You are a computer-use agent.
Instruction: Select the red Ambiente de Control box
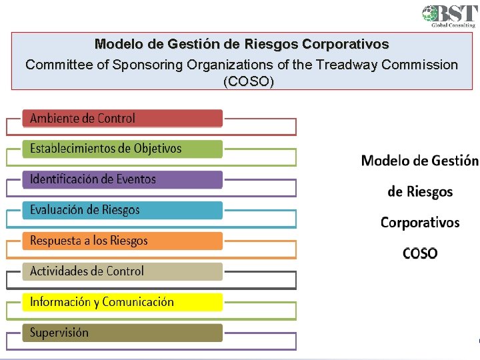122,119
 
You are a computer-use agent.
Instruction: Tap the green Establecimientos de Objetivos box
122,149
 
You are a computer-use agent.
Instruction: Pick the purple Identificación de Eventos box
122,179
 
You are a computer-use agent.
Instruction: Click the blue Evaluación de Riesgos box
122,210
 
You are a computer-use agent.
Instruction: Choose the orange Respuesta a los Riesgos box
122,241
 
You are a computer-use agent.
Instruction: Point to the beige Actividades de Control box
122,271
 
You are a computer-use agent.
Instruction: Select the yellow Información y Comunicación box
122,302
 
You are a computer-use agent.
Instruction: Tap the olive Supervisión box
122,333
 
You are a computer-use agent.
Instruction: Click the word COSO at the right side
420,253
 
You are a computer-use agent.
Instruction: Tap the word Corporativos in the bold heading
345,45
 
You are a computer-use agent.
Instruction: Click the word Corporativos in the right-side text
420,222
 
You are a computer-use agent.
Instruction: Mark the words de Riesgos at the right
420,191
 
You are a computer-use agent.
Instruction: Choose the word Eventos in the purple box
135,179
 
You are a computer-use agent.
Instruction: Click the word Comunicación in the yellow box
138,302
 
